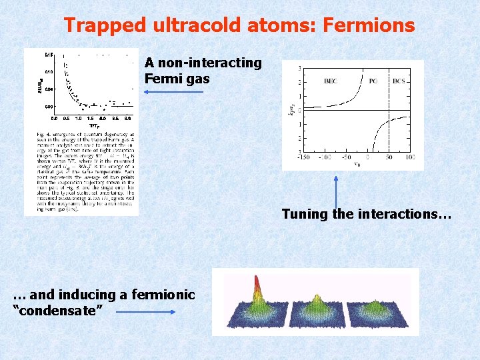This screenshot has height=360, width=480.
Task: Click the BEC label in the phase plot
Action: (x=330, y=81)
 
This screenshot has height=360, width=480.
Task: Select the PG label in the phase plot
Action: (x=373, y=81)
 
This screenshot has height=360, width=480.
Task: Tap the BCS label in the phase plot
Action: (x=399, y=81)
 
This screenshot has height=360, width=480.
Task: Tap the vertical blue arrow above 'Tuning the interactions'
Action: (x=336, y=193)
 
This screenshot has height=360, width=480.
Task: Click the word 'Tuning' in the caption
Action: (x=304, y=214)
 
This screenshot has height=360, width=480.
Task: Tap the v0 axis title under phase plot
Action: (x=357, y=164)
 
